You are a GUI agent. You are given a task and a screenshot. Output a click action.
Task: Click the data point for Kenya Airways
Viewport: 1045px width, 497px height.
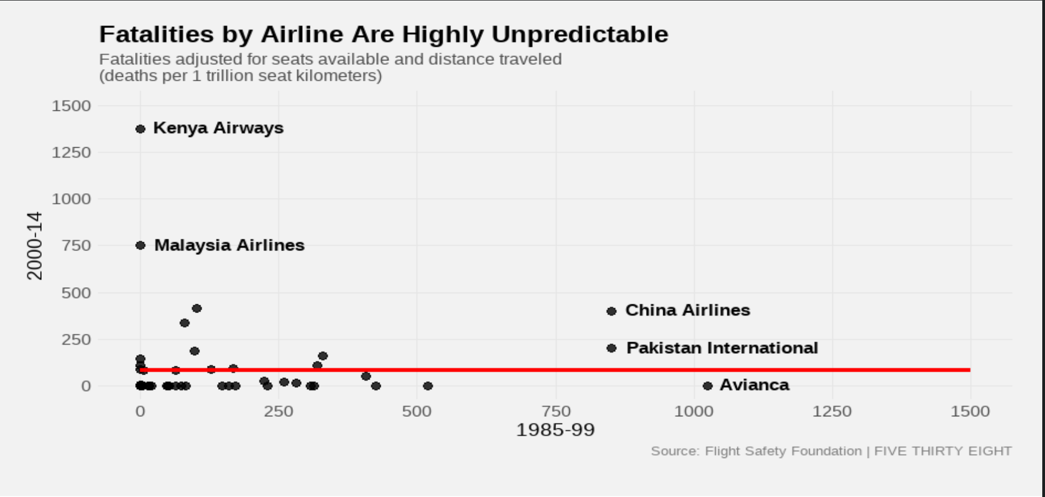click(140, 129)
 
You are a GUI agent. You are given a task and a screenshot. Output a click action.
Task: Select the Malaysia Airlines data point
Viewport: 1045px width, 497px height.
click(140, 245)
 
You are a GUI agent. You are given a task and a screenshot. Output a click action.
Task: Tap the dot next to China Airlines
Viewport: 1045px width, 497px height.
click(612, 311)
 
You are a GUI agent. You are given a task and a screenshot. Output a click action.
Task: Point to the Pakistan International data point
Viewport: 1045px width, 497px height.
click(612, 348)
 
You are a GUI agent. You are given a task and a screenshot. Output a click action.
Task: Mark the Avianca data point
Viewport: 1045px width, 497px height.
click(708, 386)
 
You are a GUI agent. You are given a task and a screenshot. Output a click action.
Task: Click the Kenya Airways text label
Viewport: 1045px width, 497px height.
click(218, 128)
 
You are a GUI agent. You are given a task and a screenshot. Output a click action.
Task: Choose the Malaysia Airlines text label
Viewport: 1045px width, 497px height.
click(229, 245)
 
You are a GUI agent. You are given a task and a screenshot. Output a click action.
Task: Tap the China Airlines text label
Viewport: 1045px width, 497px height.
click(687, 310)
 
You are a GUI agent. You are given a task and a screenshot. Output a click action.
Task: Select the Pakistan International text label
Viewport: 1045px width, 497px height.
click(722, 348)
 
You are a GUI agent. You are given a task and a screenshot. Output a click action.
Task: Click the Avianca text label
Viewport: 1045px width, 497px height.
click(754, 385)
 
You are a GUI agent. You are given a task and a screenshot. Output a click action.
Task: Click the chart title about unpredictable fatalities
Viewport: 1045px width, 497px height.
click(383, 35)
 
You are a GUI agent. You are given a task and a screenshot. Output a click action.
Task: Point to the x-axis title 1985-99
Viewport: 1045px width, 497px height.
click(555, 429)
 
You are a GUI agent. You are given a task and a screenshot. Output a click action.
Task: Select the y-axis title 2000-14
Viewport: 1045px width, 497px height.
click(35, 245)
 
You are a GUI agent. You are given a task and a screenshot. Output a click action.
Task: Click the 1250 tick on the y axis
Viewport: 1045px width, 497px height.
click(71, 152)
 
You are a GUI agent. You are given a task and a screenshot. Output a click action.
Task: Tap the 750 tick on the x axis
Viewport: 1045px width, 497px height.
click(556, 411)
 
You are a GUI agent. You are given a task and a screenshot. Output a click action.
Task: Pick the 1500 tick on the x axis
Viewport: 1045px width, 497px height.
click(970, 411)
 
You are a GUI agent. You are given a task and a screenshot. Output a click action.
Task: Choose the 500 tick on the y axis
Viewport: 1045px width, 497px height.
click(76, 293)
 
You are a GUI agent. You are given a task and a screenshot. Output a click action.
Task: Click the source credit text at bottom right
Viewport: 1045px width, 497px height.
click(831, 451)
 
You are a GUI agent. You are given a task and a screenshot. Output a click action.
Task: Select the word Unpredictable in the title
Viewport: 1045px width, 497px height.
click(580, 35)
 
